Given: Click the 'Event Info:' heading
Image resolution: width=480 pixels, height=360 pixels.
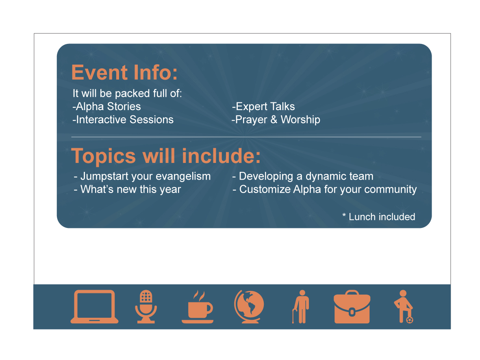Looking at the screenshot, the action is coord(124,73).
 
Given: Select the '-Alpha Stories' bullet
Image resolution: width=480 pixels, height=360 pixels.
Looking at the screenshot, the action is coord(106,106).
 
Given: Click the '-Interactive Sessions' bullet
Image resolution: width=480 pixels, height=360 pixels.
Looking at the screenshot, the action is coord(123,120).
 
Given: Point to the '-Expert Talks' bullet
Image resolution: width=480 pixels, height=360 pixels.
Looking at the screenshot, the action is coord(263,106).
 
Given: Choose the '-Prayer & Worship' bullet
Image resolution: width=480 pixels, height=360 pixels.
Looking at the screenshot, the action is coord(276,120).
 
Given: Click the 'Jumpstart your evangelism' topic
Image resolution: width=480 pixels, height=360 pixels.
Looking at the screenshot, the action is coord(146,177).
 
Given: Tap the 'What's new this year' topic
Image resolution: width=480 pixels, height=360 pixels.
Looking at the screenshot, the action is coord(130,189).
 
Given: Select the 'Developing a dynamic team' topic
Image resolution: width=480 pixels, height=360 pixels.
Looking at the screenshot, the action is coord(306,177).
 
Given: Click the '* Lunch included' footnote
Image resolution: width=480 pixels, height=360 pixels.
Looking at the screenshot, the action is coord(379,217).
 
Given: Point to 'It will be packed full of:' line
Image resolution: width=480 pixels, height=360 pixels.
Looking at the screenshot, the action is coord(127,93).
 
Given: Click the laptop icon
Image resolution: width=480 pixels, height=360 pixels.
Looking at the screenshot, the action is coord(94,307).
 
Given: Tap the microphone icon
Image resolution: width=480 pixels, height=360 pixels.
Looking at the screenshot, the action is coord(146,307).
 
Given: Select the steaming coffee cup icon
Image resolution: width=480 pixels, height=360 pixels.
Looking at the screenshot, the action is coord(198,307).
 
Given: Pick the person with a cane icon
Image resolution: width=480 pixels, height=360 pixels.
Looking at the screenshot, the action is coord(301,307).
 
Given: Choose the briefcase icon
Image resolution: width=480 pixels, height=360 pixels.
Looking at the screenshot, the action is coord(352,307).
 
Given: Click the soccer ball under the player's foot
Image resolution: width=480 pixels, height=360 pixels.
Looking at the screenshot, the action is coord(410,320).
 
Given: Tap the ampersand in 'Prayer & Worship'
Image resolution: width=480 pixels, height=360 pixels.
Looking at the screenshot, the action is coord(274,119).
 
